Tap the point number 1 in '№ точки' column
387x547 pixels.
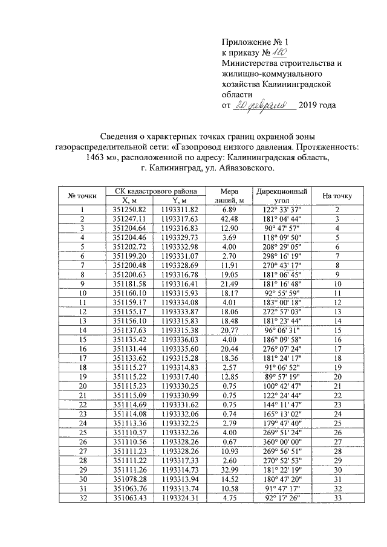pyautogui.click(x=82, y=209)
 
